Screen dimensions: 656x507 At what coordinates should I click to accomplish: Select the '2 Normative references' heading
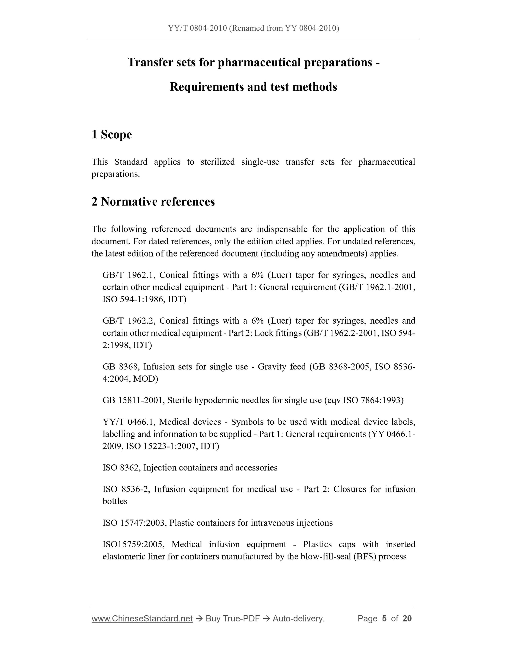(x=153, y=202)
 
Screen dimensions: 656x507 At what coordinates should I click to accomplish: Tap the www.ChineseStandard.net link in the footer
(x=142, y=618)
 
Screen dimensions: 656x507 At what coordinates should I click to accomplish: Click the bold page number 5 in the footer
(x=384, y=618)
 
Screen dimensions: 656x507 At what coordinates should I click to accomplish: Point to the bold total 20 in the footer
(x=407, y=618)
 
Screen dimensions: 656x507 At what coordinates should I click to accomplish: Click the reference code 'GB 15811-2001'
(x=133, y=400)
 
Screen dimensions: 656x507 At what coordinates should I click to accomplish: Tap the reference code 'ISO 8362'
(x=121, y=467)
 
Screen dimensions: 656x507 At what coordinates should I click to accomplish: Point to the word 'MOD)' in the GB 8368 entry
(x=145, y=379)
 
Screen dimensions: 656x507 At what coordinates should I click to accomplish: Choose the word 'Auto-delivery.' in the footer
(x=298, y=618)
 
